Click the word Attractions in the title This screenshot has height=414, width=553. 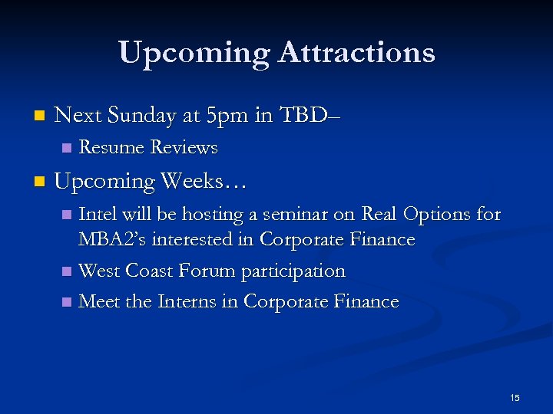tap(357, 53)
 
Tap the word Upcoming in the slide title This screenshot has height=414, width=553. tap(194, 53)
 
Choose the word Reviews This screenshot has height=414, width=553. tap(184, 147)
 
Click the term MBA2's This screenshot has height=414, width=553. tap(112, 240)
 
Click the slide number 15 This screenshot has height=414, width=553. tap(515, 397)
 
